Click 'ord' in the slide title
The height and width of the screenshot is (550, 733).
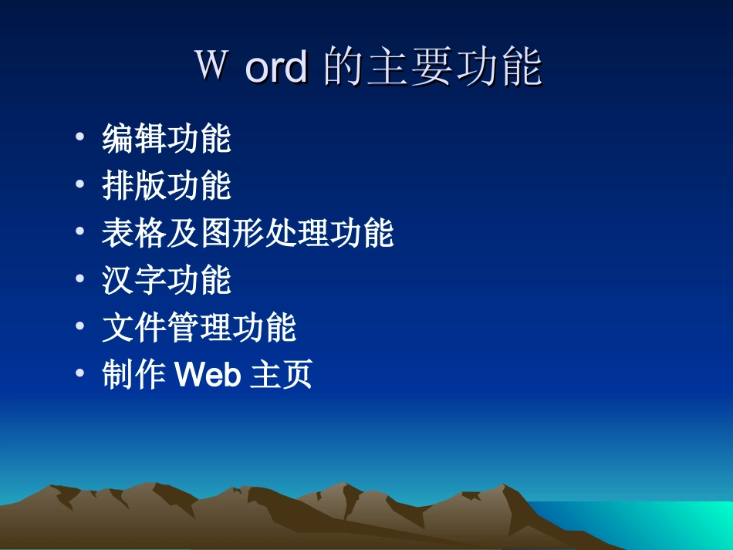[275, 68]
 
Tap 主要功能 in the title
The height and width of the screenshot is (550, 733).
[454, 67]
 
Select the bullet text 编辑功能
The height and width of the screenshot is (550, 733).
[167, 139]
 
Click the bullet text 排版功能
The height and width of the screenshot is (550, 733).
[167, 186]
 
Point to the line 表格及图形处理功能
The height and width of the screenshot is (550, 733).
[248, 234]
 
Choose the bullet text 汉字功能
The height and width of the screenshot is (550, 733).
[167, 281]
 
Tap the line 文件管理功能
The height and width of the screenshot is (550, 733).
[199, 328]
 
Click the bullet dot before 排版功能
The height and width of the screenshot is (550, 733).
[80, 186]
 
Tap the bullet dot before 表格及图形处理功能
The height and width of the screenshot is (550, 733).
[80, 234]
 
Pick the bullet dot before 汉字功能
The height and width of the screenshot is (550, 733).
[80, 281]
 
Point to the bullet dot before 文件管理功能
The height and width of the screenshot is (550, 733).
[80, 328]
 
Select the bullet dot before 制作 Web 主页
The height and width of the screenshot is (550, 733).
[80, 376]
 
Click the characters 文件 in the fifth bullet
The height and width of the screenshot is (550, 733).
[134, 328]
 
